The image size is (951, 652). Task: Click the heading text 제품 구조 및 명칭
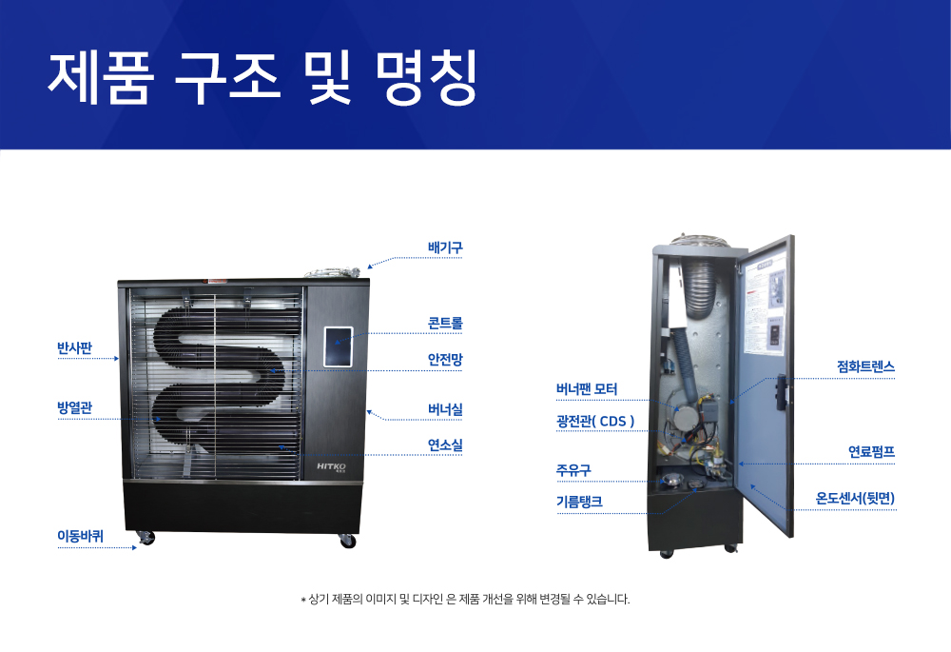[x=262, y=77]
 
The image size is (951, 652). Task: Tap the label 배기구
[x=445, y=248]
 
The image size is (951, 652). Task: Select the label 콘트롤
[x=445, y=324]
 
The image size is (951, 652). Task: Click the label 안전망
[x=445, y=359]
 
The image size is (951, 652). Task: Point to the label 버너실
[x=445, y=410]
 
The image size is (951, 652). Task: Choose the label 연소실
[x=445, y=445]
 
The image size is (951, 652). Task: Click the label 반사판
[x=74, y=347]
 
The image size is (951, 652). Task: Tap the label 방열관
[x=74, y=408]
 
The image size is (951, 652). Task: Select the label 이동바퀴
[x=80, y=536]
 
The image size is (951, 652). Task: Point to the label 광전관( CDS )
[x=594, y=420]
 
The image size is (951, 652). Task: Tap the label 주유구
[x=573, y=469]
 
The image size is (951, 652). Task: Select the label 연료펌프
[x=871, y=452]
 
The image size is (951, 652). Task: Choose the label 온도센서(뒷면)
[x=855, y=498]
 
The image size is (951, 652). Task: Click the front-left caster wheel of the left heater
[x=146, y=540]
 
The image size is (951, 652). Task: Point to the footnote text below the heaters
[x=465, y=600]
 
